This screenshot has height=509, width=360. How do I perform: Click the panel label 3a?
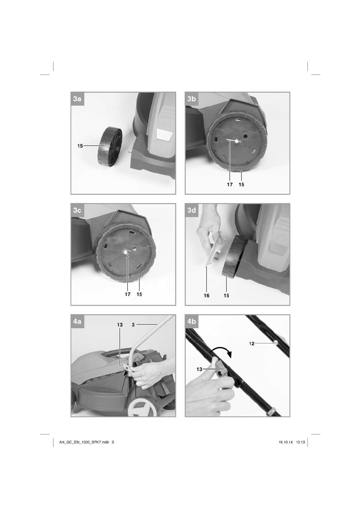pyautogui.click(x=77, y=99)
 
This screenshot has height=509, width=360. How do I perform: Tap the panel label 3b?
pyautogui.click(x=191, y=99)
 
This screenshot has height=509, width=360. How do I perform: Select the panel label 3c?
pyautogui.click(x=77, y=210)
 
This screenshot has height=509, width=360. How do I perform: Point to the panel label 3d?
pyautogui.click(x=191, y=210)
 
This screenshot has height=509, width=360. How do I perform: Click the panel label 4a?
pyautogui.click(x=77, y=322)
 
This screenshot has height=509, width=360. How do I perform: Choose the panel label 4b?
pyautogui.click(x=191, y=322)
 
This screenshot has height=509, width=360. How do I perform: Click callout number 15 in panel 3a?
pyautogui.click(x=80, y=146)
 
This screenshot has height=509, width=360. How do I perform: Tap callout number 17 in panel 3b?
pyautogui.click(x=230, y=184)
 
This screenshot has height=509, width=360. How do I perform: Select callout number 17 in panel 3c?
pyautogui.click(x=128, y=294)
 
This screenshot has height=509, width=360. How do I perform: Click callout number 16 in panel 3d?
pyautogui.click(x=207, y=295)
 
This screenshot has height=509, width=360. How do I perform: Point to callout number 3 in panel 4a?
pyautogui.click(x=133, y=325)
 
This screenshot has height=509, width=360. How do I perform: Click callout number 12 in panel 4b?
pyautogui.click(x=251, y=343)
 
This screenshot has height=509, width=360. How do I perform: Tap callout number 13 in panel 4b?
pyautogui.click(x=199, y=369)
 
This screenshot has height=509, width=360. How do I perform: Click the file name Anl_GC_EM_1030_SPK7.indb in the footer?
pyautogui.click(x=84, y=442)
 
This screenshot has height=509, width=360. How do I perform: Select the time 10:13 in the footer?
pyautogui.click(x=300, y=442)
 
